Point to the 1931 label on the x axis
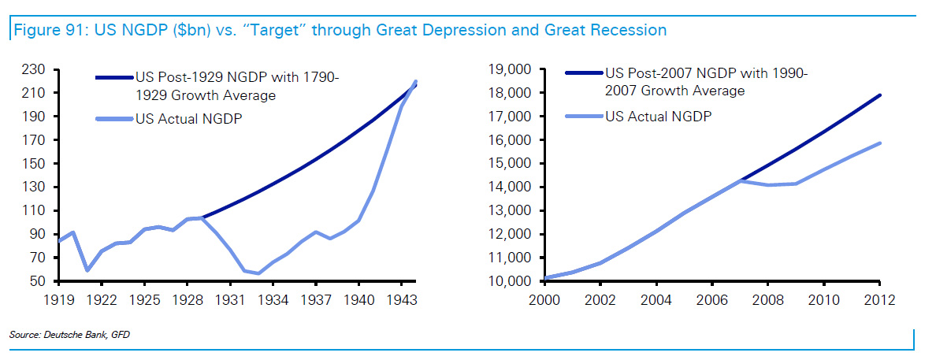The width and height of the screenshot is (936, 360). pos(230,300)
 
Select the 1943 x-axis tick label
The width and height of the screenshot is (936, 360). pos(402,300)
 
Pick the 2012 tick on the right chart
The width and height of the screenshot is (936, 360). pos(880,300)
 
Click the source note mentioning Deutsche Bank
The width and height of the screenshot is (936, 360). pos(69,336)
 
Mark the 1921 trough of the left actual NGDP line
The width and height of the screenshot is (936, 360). pos(87,270)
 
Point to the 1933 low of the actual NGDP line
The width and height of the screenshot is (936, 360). pos(258,274)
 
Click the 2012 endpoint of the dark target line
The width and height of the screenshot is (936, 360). pos(880,95)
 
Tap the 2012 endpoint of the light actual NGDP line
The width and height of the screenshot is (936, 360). pos(880,143)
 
